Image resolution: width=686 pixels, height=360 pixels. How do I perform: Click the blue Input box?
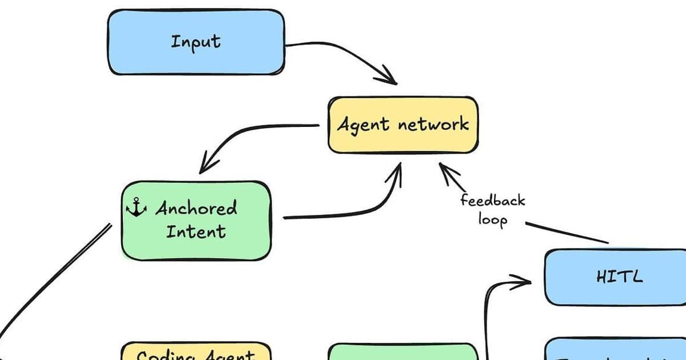point(196,42)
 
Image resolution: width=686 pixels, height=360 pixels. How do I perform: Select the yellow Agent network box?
point(402,125)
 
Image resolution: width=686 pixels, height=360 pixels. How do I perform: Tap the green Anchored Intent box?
point(196,220)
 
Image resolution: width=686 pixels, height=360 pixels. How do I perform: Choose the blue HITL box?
point(615,277)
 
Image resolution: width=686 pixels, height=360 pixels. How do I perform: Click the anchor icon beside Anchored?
point(136,208)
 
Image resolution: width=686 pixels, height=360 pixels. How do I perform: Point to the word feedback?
point(492,201)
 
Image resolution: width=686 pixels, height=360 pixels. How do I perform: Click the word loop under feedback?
point(492,219)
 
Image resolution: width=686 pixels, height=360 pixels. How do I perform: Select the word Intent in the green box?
point(196,231)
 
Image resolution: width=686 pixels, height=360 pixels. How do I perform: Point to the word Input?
point(196,42)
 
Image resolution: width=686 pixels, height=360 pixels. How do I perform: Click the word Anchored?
point(196,208)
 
